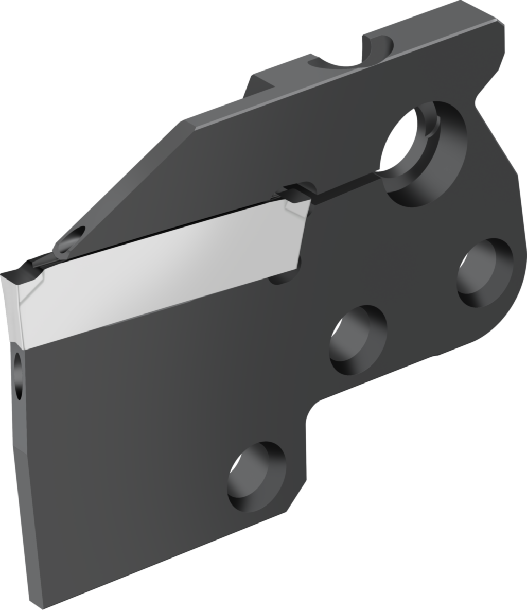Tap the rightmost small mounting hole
coord(484,272)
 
